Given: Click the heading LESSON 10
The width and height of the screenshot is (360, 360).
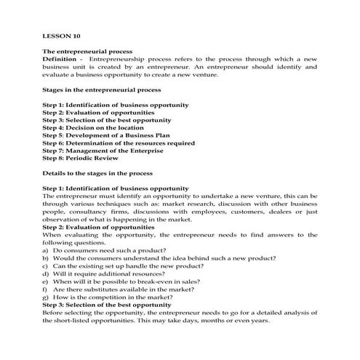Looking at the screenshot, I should (x=61, y=34).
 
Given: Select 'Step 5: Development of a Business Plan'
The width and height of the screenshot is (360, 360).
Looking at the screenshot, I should (x=110, y=135).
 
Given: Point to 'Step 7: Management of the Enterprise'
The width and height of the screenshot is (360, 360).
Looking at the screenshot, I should (x=107, y=151).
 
